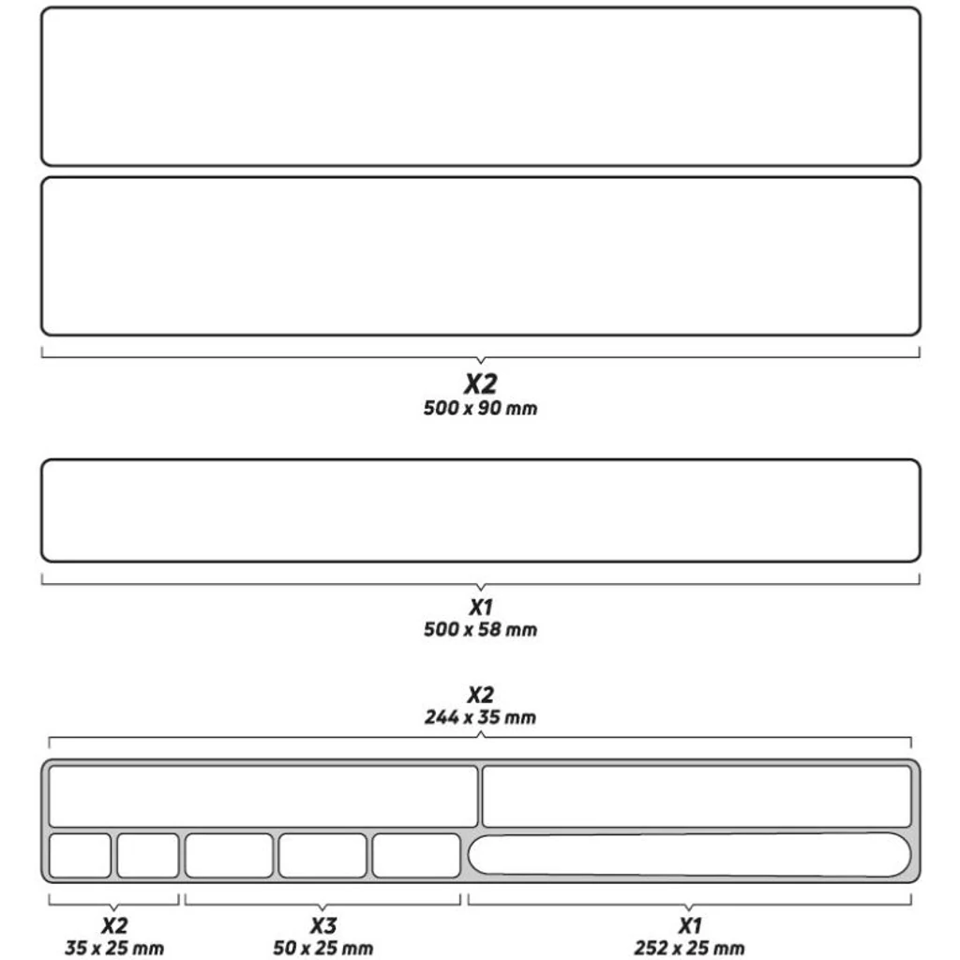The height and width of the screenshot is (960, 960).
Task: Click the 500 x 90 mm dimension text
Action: (480, 408)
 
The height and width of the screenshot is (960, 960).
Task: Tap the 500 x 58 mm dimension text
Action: (480, 629)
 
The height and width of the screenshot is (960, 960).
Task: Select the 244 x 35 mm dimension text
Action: (480, 717)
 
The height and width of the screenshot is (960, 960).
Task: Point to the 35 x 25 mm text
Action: (113, 948)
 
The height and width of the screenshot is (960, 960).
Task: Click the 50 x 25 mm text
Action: (322, 948)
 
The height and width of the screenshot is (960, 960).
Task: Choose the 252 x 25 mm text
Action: (689, 948)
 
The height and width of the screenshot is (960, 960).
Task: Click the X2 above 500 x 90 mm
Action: (481, 383)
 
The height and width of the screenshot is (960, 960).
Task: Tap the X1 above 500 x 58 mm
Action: (481, 607)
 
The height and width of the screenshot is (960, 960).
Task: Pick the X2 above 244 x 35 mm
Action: (481, 695)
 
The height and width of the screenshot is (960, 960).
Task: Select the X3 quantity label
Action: (323, 925)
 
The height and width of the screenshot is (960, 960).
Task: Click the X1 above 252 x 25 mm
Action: (690, 925)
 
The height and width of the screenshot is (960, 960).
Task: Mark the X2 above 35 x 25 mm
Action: (114, 925)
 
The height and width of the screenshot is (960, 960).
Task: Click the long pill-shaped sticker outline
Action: (689, 855)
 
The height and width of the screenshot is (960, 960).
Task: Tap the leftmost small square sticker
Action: (80, 855)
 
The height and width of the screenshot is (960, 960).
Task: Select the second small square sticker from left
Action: (147, 855)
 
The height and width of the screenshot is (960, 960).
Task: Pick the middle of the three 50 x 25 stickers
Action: (322, 855)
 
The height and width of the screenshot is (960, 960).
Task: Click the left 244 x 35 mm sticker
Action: (263, 796)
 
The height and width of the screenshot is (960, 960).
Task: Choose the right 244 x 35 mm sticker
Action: (697, 796)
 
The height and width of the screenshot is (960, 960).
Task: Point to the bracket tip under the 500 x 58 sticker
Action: (481, 591)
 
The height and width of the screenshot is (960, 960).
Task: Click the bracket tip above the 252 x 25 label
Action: (689, 909)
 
